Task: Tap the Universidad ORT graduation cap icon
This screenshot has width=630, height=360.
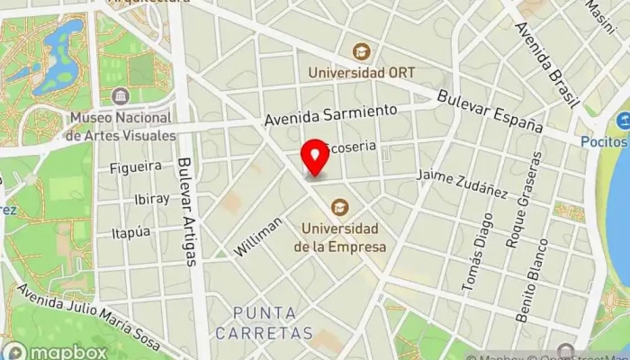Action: [361, 51]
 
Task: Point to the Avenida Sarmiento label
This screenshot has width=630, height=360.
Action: [331, 114]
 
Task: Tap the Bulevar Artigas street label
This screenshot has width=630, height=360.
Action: [187, 212]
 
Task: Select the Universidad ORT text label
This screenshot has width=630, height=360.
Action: [361, 72]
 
